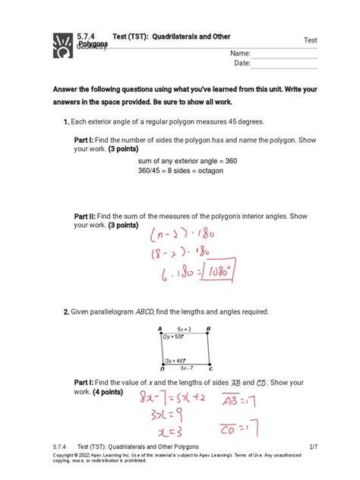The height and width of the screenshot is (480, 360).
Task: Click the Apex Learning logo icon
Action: point(60,45)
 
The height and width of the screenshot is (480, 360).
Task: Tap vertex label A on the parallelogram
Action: point(159,329)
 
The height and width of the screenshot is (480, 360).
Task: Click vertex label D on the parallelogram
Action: point(159,368)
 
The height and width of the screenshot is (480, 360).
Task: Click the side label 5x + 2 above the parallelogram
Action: point(185,329)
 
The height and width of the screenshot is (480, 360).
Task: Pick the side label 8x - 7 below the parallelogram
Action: point(185,368)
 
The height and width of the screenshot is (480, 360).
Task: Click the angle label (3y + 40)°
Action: point(175,360)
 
